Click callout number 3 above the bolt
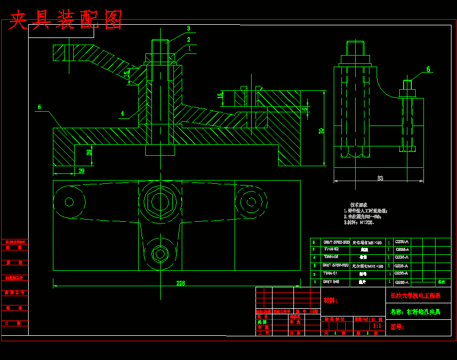pos(188,29)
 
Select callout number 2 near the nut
pos(188,40)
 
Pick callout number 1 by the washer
pos(189,48)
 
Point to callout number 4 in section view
pos(122,114)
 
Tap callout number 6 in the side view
pos(428,69)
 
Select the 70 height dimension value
pos(321,130)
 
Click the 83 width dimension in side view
pos(380,178)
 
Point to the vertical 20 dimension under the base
pos(89,152)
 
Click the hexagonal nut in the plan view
pos(160,202)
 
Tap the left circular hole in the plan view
pos(69,202)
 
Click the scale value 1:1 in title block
pos(377,326)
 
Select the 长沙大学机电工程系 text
pos(415,296)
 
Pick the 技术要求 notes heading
pos(358,204)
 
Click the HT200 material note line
pos(359,223)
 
